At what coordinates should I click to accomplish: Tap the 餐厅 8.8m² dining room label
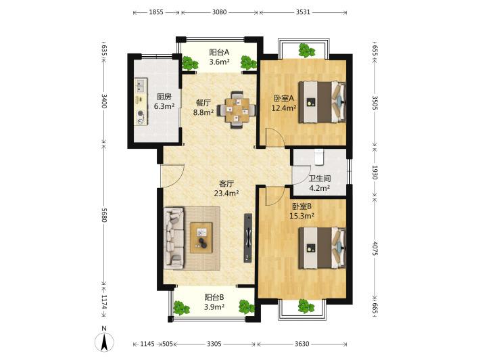point(203,108)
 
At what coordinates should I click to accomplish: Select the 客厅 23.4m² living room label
point(226,188)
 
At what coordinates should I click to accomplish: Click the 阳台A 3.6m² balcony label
point(219,57)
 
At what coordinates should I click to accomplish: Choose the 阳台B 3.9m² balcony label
point(214,302)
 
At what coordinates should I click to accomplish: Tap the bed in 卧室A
point(322,102)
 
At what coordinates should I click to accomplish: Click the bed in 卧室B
point(322,248)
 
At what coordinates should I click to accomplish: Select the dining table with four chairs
point(237,110)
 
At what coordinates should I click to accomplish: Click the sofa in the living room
point(174,237)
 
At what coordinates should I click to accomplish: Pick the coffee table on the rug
point(201,238)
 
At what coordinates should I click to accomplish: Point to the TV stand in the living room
point(248,238)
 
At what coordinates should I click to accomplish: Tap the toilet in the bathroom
point(319,156)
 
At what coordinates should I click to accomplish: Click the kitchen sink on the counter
point(141,85)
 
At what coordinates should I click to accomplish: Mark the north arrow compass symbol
point(104,341)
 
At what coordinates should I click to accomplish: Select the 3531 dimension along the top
point(303,12)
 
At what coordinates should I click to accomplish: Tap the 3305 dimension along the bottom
point(214,344)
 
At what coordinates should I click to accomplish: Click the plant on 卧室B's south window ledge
point(306,307)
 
